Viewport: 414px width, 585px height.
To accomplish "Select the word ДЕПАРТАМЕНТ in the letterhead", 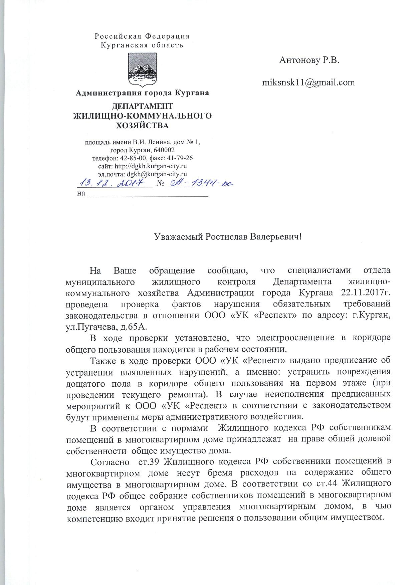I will [x=142, y=106].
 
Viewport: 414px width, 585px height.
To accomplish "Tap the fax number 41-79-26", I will [x=181, y=158].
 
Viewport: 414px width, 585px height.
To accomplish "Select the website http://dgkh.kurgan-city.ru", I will [x=150, y=166].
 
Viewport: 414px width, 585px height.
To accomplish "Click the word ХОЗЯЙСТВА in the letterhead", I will [x=142, y=126].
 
